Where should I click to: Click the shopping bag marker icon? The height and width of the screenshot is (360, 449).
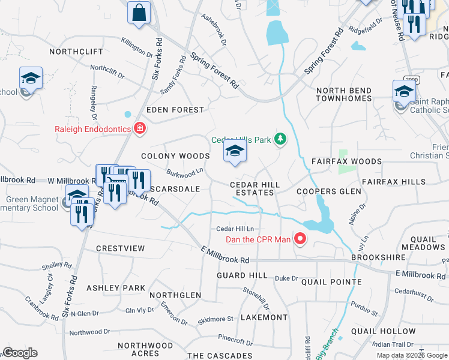pos(139,13)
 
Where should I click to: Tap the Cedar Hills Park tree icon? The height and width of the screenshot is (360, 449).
pos(279,140)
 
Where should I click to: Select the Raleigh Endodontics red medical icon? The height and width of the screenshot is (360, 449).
pos(140,128)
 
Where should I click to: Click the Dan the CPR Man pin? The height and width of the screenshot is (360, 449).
pos(300,240)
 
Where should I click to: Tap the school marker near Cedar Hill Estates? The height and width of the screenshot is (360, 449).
pos(235,152)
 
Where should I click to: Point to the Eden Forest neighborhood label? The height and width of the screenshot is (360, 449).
pos(175,110)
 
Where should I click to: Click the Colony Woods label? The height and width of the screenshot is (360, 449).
pos(175,156)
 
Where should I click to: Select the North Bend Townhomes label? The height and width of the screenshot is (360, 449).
pos(344,94)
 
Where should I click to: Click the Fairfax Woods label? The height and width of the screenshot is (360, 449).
pos(346,161)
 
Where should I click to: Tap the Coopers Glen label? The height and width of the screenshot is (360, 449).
pos(330,191)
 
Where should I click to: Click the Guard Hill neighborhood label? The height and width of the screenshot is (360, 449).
pos(242,275)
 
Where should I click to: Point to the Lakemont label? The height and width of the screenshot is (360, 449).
pos(264,317)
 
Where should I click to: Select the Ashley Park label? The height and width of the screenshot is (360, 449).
pos(116,288)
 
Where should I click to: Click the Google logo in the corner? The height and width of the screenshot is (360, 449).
pos(19,353)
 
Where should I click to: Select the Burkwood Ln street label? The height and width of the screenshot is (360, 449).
pos(184,172)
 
